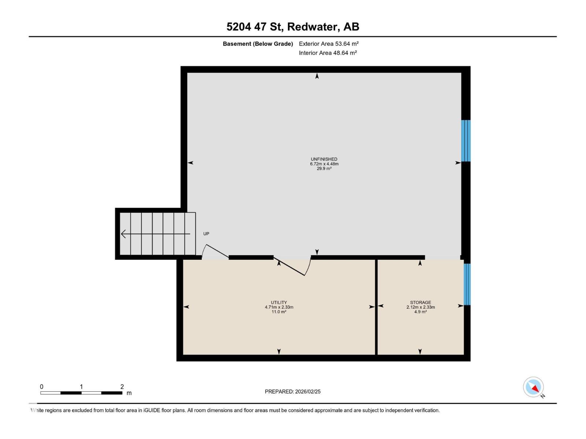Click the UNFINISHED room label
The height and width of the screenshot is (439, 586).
pos(324,159)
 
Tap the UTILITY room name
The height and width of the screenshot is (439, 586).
pos(279,303)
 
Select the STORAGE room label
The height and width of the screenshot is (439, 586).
pos(420,303)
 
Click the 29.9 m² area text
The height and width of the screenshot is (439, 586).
pos(324,169)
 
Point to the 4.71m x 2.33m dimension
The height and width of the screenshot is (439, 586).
pos(279,307)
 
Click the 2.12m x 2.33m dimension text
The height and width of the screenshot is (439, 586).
pos(420,307)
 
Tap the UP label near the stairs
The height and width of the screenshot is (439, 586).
pos(206,234)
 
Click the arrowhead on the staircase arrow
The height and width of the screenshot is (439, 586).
pos(123,234)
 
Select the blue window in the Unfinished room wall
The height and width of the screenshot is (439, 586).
pos(466,141)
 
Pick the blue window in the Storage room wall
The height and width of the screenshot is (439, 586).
pos(467,284)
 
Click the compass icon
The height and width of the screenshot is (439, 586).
pos(533,387)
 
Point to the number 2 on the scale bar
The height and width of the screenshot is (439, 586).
pos(122,387)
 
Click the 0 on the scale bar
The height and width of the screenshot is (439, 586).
pos(42,387)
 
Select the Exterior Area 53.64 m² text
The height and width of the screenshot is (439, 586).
pos(329,44)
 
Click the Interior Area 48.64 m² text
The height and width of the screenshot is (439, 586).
pos(328,53)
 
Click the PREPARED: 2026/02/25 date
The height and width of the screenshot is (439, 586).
pos(293,391)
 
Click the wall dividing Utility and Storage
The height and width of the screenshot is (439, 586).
pos(376,307)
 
